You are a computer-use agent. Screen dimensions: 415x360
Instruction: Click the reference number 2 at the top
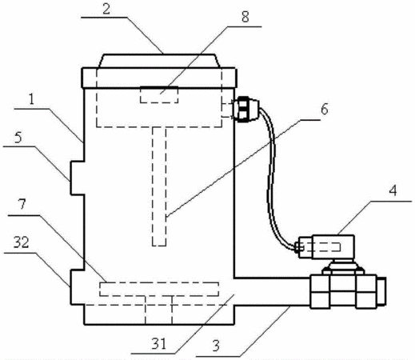click(106, 9)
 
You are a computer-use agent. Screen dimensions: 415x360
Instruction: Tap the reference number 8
click(245, 17)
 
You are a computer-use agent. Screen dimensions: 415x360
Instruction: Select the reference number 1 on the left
click(32, 99)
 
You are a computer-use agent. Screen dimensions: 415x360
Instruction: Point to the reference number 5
click(18, 138)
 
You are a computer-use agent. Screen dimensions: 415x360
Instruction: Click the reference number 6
click(324, 110)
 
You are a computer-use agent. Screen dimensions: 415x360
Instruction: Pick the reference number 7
click(22, 204)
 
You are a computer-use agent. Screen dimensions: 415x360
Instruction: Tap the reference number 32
click(22, 242)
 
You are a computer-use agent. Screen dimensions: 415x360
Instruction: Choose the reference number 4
click(393, 190)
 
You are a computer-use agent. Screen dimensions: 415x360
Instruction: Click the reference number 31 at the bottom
click(159, 344)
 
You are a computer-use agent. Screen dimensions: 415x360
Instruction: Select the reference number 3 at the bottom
click(216, 346)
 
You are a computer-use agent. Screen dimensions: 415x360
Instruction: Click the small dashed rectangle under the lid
click(159, 95)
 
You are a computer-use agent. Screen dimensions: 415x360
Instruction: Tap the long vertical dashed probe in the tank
click(159, 186)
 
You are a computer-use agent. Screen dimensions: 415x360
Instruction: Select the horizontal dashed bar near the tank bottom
click(159, 289)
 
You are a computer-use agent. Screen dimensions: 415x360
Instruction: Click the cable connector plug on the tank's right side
click(245, 110)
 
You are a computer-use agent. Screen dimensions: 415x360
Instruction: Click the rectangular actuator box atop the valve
click(326, 246)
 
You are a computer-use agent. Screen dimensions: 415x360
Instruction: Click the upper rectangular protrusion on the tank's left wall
click(78, 178)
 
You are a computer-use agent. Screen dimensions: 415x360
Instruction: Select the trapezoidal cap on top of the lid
click(159, 61)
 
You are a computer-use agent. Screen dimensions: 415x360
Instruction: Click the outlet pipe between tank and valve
click(272, 292)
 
